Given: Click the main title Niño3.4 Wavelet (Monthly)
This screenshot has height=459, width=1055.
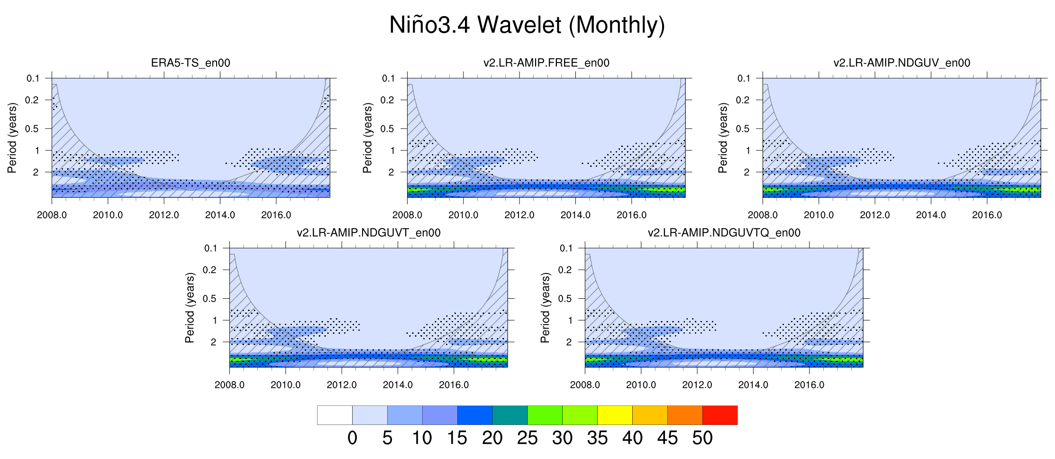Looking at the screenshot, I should (x=527, y=25).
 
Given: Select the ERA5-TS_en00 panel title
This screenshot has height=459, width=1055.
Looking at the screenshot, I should (x=191, y=63).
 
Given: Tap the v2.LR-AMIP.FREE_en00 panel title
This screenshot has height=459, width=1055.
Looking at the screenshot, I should (x=546, y=63).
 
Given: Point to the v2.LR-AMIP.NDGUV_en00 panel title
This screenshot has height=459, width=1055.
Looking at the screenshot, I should (x=901, y=63).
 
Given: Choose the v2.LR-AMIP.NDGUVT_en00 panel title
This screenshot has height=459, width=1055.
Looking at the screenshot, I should (x=368, y=233).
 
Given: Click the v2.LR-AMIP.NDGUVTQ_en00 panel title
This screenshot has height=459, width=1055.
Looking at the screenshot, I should (x=724, y=233).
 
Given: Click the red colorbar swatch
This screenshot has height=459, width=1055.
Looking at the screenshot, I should (x=720, y=415).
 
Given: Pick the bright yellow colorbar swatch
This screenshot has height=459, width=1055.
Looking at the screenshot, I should (x=615, y=415).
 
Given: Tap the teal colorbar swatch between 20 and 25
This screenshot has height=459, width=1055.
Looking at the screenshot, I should (x=510, y=415).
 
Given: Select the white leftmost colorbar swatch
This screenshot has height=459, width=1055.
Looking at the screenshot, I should (x=335, y=415).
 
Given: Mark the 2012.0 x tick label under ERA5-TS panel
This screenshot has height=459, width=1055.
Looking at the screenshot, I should (x=164, y=215).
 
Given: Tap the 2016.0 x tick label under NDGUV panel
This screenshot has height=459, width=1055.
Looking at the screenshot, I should (x=987, y=215).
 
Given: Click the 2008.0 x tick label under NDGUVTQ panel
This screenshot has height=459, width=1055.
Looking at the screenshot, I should (x=585, y=385).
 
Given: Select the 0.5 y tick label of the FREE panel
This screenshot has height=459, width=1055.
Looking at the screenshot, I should (x=387, y=129).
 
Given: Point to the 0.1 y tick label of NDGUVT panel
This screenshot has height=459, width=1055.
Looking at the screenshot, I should (x=210, y=248).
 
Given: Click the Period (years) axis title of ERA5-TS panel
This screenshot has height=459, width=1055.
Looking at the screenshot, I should (x=12, y=138).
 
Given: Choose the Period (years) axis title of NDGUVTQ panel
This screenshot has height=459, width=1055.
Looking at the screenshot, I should (x=545, y=307).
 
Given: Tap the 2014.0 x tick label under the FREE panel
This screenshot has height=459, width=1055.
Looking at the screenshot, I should (x=575, y=215).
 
